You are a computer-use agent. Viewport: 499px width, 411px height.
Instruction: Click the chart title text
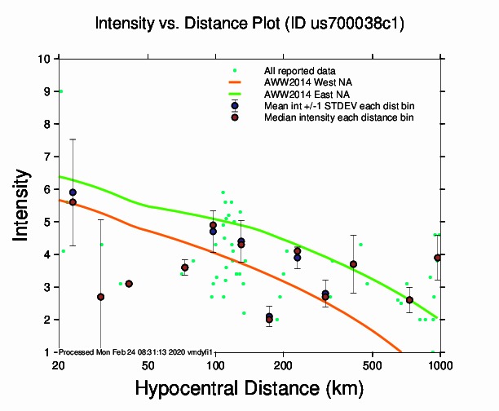pos(249,24)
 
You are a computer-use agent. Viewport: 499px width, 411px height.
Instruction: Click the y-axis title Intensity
pos(23,205)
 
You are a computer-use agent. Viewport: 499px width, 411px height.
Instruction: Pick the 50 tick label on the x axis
pos(148,363)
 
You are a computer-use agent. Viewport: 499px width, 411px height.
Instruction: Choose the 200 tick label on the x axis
pos(283,363)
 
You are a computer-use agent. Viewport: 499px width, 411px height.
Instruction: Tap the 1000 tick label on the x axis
pos(440,363)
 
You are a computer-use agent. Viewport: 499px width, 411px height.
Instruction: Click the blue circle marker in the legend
pos(235,106)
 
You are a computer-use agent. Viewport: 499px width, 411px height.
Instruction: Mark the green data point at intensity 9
pos(61,91)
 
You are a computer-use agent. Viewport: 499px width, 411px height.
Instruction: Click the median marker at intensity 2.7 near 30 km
pos(100,297)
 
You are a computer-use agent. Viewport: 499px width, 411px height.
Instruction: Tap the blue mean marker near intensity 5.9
pos(73,192)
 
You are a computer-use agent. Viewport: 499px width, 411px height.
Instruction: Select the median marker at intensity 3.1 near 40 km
pos(129,284)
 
